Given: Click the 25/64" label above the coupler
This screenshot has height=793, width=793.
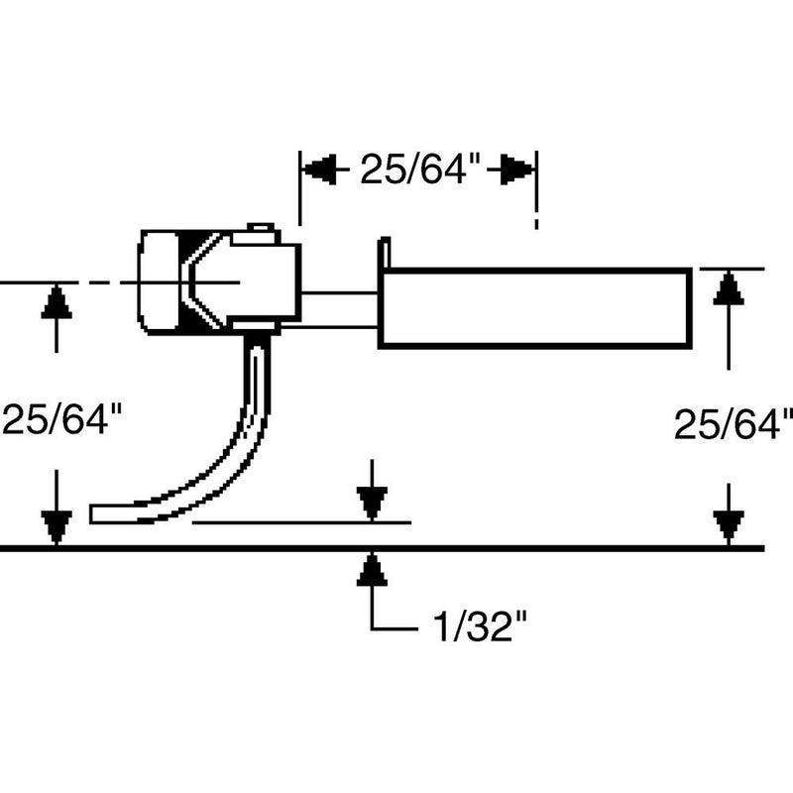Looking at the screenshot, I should click(420, 171).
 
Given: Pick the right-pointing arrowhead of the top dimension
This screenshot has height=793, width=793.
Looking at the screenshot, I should click(518, 170).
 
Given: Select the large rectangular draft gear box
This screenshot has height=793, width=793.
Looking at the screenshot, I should click(535, 307).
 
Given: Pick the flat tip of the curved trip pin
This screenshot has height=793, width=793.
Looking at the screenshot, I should click(99, 513).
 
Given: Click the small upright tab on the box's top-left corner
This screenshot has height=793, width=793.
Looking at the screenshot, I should click(385, 251).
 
